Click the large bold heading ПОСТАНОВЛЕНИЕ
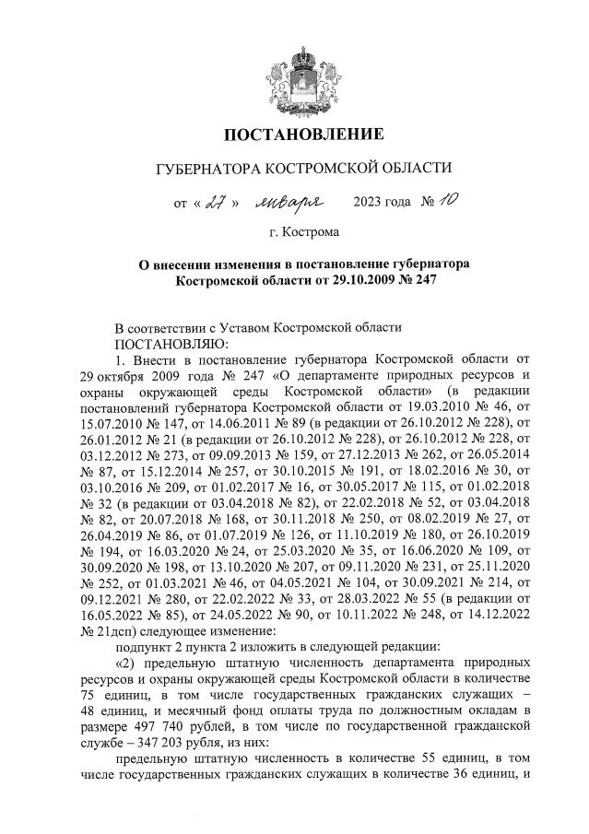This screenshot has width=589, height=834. point(294,135)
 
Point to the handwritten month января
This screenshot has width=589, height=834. point(293,202)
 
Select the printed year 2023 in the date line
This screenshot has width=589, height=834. point(370,203)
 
